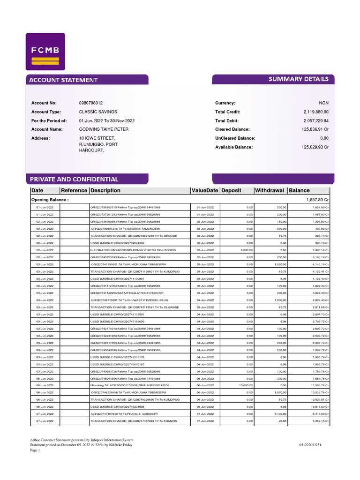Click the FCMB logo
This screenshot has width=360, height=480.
45,52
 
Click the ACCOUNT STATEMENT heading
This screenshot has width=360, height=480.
63,80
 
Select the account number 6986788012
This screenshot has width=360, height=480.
91,103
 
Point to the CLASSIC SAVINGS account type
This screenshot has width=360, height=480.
98,112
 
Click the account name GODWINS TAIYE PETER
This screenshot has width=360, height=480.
104,129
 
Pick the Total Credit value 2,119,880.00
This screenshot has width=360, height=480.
316,112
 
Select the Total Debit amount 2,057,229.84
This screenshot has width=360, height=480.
316,120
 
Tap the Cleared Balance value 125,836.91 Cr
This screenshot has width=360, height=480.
315,129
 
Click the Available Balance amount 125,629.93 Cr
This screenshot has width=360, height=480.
315,147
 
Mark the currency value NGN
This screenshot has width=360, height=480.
324,103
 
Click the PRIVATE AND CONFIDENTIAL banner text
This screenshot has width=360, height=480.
74,180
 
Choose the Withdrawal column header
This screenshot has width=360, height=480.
269,191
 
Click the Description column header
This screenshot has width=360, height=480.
105,191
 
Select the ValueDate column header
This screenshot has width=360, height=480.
204,191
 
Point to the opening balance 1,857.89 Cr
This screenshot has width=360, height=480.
317,200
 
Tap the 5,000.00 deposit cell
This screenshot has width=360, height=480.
246,250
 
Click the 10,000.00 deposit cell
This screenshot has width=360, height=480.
245,385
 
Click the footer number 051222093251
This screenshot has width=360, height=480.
310,445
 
